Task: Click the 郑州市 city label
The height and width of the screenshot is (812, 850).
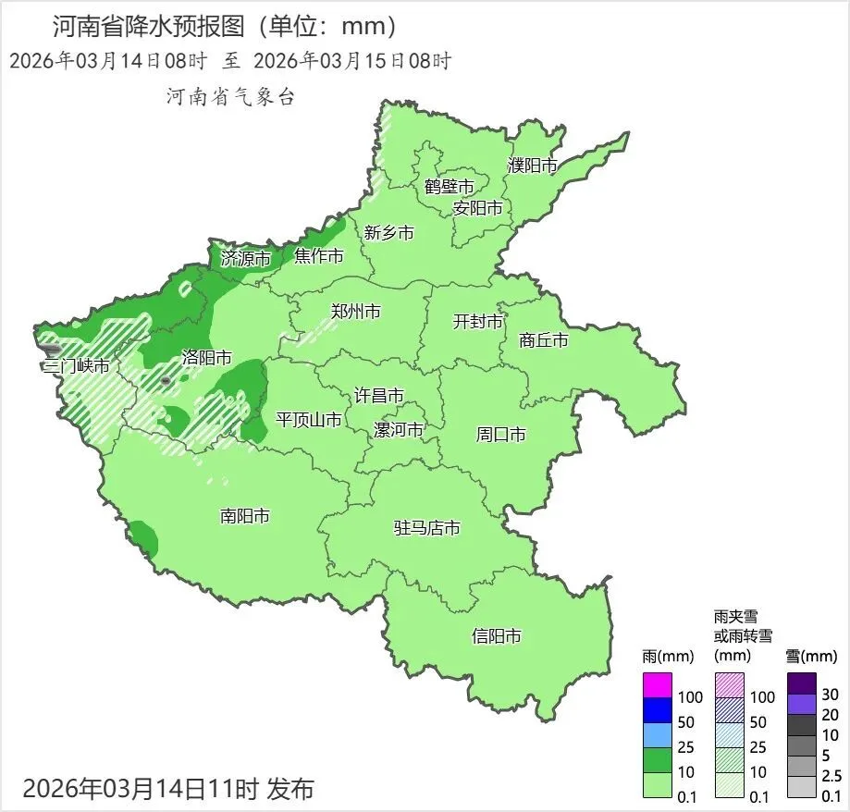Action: click(355, 312)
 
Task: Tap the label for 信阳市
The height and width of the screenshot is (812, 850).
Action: click(496, 636)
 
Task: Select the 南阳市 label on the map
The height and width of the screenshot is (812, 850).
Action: click(244, 516)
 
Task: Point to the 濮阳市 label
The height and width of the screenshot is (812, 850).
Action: click(533, 166)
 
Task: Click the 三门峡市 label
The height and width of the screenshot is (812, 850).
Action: click(76, 365)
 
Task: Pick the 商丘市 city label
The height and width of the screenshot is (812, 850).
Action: click(543, 340)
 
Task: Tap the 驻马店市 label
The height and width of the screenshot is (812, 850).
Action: click(426, 529)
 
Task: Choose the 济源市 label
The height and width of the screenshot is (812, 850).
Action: click(245, 259)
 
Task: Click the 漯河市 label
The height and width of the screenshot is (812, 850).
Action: click(398, 430)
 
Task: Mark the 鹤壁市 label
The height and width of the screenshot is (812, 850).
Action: click(449, 186)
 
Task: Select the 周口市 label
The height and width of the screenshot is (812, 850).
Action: click(500, 434)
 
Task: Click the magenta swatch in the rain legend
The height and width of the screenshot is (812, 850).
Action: click(657, 685)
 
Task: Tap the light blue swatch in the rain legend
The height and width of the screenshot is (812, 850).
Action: click(657, 735)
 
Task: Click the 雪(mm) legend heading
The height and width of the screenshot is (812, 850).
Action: click(811, 657)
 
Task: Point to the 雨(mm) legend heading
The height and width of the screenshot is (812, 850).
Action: click(667, 657)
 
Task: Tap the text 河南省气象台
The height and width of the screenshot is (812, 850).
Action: click(230, 97)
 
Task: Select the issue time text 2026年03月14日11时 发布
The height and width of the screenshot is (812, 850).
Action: click(167, 789)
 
